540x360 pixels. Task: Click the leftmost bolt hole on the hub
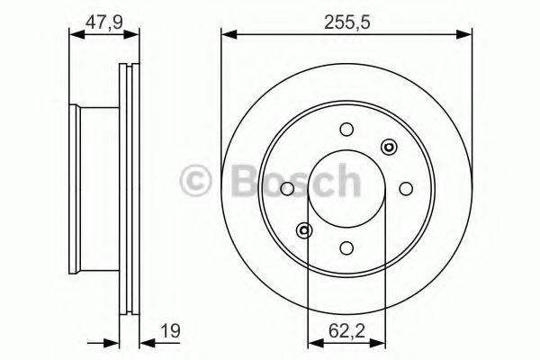[x=288, y=188]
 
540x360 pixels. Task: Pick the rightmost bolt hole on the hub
[x=406, y=188]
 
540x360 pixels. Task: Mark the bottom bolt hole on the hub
[x=346, y=247]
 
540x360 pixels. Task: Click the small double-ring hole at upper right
[x=389, y=147]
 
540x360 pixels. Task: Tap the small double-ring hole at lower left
[x=305, y=229]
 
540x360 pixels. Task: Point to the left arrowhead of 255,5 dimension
[x=227, y=35]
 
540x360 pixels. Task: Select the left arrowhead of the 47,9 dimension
[x=75, y=35]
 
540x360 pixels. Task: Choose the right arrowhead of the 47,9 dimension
[x=135, y=35]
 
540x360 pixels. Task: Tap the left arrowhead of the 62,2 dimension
[x=314, y=343]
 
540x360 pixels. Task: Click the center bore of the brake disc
[x=346, y=188]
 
